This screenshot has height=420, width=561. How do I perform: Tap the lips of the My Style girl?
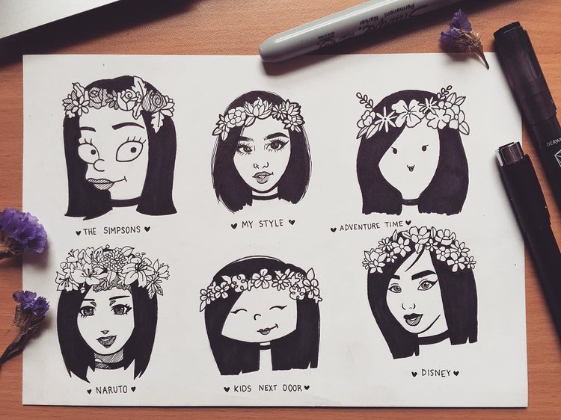pos(263,177)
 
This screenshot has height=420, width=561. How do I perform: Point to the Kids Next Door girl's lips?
pos(266,330)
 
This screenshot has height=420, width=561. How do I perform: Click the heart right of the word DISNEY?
pos(456,372)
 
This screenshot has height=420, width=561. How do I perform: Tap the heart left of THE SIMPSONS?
pos(78,231)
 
